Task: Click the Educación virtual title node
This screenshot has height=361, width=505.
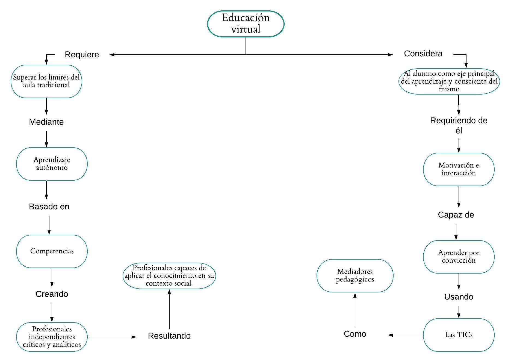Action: (246, 24)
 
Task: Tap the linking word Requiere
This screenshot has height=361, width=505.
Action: (82, 54)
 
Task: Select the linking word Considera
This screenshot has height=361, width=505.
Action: (423, 54)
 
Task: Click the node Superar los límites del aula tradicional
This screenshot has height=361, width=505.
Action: (46, 81)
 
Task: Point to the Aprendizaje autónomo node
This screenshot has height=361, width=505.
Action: (52, 164)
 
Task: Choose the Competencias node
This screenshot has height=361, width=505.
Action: (52, 251)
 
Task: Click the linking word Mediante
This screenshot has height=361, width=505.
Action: (46, 122)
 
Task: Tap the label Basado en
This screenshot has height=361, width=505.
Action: (49, 207)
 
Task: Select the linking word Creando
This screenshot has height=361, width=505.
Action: (52, 294)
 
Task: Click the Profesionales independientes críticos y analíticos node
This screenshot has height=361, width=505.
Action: (52, 337)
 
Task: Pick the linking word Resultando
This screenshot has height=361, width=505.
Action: (169, 336)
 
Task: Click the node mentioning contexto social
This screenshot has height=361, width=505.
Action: (169, 275)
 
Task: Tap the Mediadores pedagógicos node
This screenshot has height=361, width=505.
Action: (355, 275)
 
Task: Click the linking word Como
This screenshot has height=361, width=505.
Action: (355, 334)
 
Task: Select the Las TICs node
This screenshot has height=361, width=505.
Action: (459, 335)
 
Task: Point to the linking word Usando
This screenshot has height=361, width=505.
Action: (459, 297)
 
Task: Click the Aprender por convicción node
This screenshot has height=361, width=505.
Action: (459, 257)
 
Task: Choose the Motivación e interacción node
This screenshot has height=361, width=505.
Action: (459, 169)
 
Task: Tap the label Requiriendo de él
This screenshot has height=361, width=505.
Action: (459, 125)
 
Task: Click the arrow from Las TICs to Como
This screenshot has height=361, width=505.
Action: (406, 335)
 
